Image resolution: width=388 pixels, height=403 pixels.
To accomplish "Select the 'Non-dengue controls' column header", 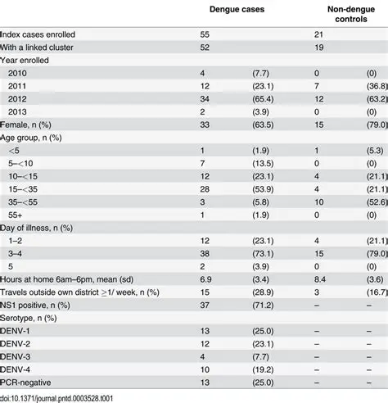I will click(345, 15).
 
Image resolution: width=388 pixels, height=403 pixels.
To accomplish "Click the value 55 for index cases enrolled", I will click(205, 34).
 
